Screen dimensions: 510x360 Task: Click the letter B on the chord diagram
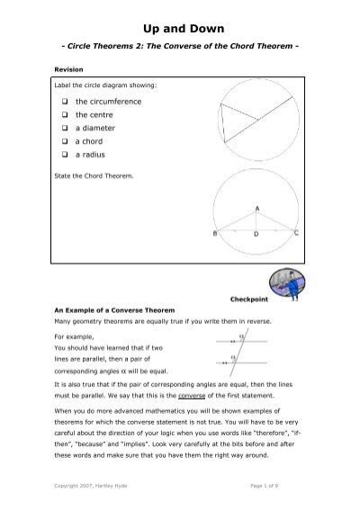tap(214, 233)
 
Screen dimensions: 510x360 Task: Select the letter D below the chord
tap(256, 234)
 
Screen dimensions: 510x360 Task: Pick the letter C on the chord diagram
tap(297, 233)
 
